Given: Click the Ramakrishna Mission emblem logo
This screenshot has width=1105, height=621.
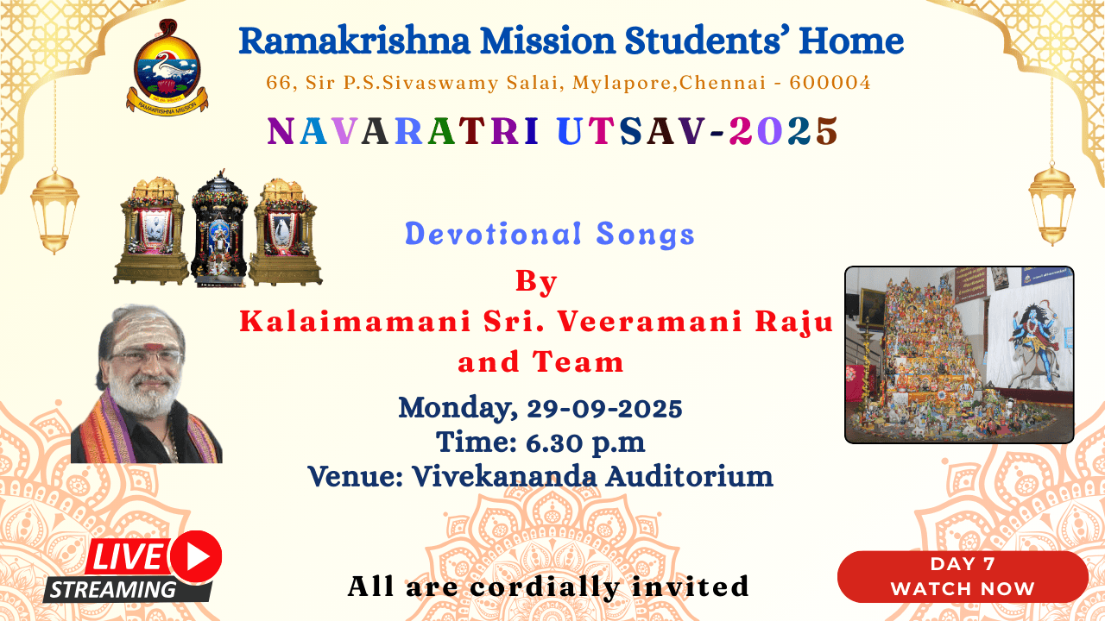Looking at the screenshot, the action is click(x=167, y=67).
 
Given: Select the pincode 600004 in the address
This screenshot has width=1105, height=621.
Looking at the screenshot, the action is click(x=830, y=82).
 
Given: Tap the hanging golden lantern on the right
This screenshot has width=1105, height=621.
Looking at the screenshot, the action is click(x=1051, y=204).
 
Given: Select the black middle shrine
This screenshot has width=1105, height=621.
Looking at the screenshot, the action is click(x=218, y=229).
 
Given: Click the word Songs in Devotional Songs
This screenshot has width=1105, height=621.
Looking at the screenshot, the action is click(x=645, y=234).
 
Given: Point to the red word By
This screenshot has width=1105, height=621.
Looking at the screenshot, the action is click(x=536, y=282).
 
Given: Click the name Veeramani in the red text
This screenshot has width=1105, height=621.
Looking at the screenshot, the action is click(x=650, y=322).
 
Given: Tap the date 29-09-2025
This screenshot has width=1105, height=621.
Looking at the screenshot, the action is click(x=604, y=409).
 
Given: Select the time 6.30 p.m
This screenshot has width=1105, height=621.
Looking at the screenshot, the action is click(x=585, y=442).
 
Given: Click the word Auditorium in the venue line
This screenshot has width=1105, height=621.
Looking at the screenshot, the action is click(x=689, y=477).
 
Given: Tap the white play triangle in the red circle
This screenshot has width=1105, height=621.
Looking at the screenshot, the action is click(x=199, y=556).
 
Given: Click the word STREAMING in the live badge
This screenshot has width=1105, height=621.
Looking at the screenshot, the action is click(x=113, y=589).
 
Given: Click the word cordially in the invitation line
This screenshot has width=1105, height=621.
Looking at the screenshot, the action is click(x=544, y=586).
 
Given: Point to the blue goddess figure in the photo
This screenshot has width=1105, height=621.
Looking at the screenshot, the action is click(x=1033, y=340).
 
